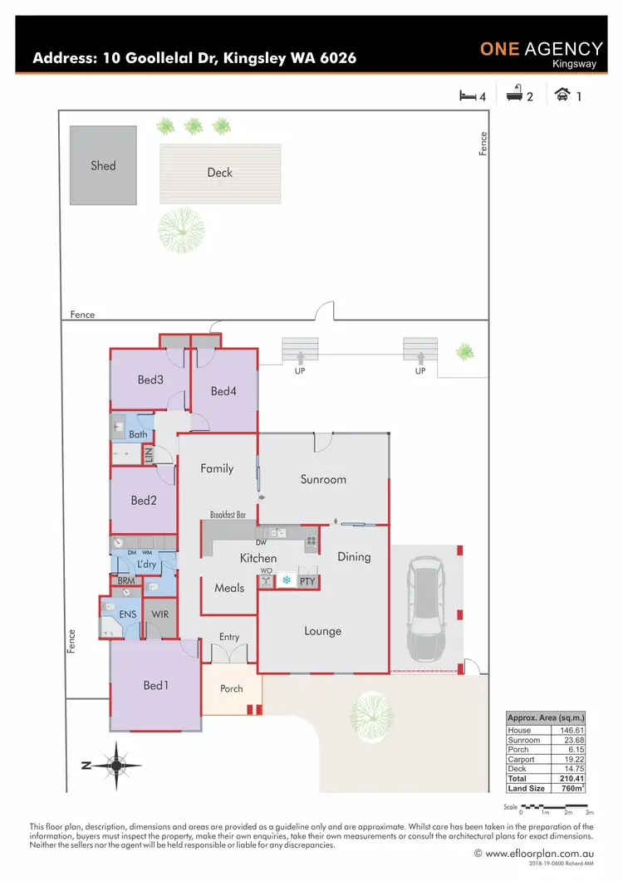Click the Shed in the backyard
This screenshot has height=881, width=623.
(x=103, y=165)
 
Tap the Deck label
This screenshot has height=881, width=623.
(x=220, y=173)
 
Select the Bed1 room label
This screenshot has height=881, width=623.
(x=155, y=685)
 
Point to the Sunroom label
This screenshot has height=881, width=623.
(x=323, y=479)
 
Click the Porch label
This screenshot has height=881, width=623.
(x=232, y=688)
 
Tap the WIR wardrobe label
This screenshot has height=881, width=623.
(x=160, y=615)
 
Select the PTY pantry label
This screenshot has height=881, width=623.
(x=306, y=581)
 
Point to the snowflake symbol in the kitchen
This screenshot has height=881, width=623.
(x=287, y=580)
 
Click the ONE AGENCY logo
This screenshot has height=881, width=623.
(x=541, y=51)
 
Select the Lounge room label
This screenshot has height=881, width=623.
(x=322, y=631)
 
